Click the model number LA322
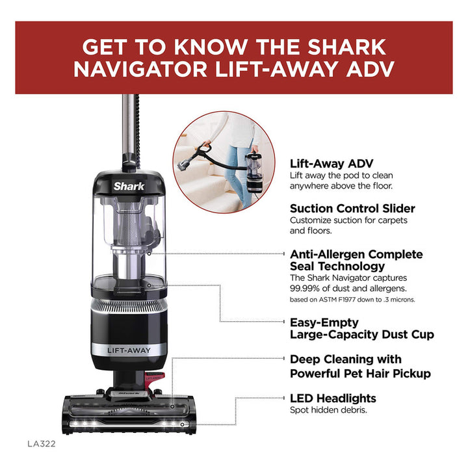(x=42, y=444)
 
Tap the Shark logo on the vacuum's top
(x=129, y=187)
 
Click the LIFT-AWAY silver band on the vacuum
(x=129, y=350)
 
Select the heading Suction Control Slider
(x=352, y=209)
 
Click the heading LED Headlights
(x=333, y=398)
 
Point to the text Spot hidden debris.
(x=328, y=410)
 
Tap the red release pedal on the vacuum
(x=154, y=378)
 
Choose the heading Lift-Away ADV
(x=331, y=164)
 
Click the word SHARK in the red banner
(x=347, y=47)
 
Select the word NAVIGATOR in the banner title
(x=140, y=70)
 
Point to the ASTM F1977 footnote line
(x=352, y=300)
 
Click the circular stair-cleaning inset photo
(x=224, y=162)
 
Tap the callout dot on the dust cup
(x=149, y=285)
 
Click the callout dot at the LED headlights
(x=182, y=424)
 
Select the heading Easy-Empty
(x=324, y=322)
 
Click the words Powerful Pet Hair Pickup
(x=361, y=373)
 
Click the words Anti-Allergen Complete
(x=356, y=254)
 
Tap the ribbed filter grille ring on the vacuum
(x=129, y=307)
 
